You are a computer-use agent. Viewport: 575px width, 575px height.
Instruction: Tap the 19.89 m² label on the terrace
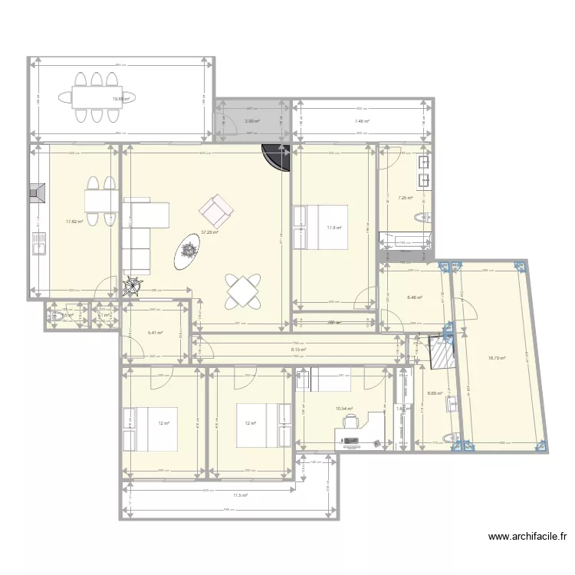click(x=121, y=98)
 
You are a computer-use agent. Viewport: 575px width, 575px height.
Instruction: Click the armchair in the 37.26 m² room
click(x=215, y=208)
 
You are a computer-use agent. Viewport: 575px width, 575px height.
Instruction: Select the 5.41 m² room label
click(x=156, y=333)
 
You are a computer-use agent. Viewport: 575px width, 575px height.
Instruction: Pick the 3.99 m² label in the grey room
click(x=251, y=121)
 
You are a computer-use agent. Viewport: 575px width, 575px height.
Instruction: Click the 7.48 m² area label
click(x=362, y=121)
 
